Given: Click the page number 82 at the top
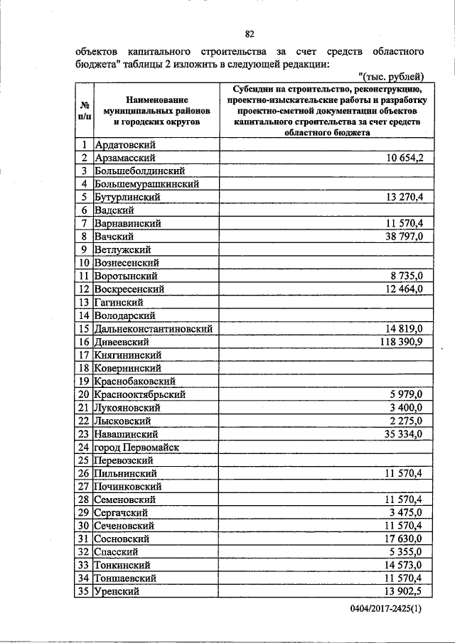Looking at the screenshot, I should [x=250, y=34].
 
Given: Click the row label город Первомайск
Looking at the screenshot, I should [x=136, y=447].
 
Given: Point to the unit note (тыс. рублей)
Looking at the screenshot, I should [x=392, y=76].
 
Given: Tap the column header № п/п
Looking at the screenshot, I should [x=84, y=109].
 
